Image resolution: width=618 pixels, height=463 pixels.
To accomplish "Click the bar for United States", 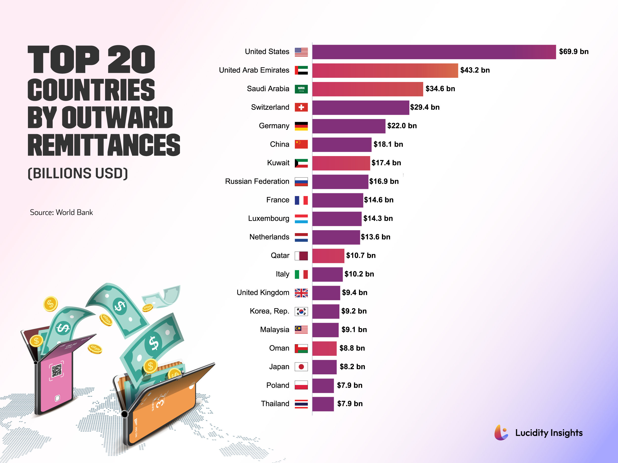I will [434, 52].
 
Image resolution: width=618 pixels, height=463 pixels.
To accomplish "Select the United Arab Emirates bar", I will [385, 70].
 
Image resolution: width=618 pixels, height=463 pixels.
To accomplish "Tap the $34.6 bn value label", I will [440, 89].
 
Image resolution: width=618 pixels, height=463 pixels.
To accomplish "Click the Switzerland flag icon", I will [301, 107].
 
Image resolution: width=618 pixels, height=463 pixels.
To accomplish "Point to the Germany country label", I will [274, 126].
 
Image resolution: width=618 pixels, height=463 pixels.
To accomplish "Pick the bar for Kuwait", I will [341, 163].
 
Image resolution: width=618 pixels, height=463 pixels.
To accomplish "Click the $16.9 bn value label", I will [384, 181].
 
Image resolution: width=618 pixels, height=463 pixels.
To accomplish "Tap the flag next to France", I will [301, 200].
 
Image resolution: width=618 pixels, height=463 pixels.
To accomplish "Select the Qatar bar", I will [328, 256].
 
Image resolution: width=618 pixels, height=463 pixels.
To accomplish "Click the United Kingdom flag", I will [301, 293].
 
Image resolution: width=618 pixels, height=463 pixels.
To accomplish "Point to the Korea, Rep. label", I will [269, 311].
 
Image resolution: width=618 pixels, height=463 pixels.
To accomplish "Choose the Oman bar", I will [324, 348].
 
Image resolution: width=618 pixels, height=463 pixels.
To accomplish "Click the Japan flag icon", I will [301, 367].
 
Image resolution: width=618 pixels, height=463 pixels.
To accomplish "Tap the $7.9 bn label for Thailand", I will [350, 404].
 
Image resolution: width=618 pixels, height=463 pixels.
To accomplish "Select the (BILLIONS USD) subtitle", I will [78, 173].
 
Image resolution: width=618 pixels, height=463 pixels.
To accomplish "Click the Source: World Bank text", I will [61, 212].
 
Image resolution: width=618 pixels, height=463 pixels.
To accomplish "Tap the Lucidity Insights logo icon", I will [501, 433].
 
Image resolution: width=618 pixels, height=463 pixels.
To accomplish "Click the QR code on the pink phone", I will [57, 371].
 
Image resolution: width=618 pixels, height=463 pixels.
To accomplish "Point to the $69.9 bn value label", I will [574, 52].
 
